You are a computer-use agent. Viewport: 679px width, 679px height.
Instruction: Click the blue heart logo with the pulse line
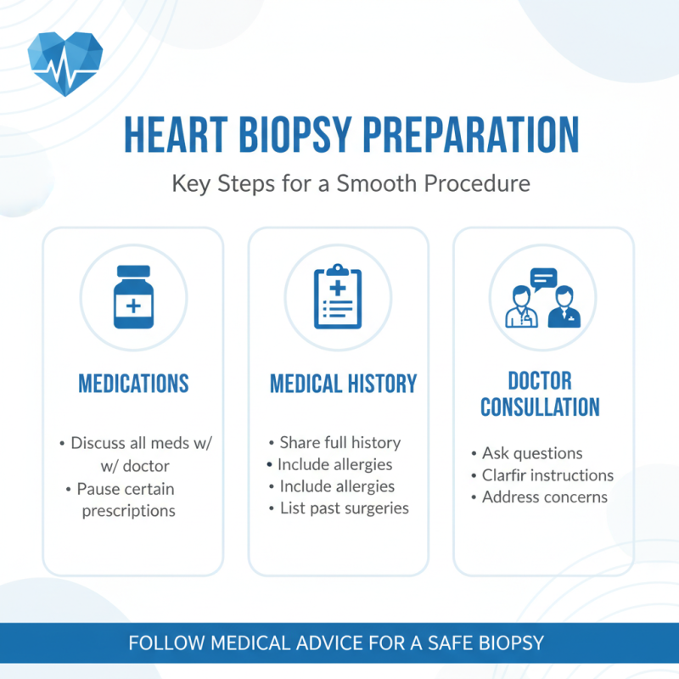tap(65, 64)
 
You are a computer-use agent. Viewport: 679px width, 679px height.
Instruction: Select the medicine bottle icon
tap(134, 297)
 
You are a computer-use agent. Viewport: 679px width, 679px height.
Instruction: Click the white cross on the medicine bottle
tap(134, 304)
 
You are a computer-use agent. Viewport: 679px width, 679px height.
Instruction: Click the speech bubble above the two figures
tap(543, 278)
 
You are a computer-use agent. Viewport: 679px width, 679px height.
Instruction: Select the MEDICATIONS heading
tap(133, 384)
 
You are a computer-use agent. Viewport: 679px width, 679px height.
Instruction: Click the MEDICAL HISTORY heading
tap(343, 384)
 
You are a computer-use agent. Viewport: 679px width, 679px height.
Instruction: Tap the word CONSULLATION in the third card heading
tap(540, 407)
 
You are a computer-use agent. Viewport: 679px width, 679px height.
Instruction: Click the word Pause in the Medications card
tap(97, 489)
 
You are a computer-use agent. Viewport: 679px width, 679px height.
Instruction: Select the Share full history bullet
tap(339, 443)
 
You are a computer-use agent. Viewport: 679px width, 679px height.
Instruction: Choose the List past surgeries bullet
tap(344, 508)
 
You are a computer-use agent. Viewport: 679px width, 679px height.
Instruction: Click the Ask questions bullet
tap(531, 453)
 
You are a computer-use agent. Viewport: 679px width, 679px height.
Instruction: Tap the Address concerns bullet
tap(544, 497)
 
